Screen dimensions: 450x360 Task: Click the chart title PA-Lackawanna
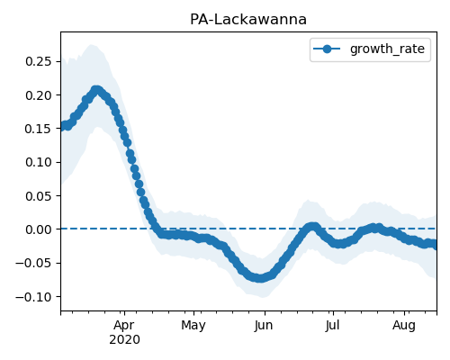[x=248, y=20]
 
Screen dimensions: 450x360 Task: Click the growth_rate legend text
[x=387, y=49]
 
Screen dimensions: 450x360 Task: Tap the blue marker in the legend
[x=327, y=49]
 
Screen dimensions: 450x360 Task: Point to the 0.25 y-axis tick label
[x=39, y=61]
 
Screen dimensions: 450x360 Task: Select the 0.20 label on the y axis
[x=39, y=95]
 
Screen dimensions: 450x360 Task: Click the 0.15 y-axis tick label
[x=39, y=129]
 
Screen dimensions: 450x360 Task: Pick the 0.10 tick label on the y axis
[x=39, y=162]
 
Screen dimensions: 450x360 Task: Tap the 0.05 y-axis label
[x=39, y=196]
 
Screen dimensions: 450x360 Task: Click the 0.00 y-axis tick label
[x=39, y=229]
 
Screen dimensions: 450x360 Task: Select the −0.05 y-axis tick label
[x=34, y=263]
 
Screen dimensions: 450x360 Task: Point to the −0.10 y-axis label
[x=34, y=297]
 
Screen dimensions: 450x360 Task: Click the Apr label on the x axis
[x=124, y=326]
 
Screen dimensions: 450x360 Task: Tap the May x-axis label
[x=193, y=326]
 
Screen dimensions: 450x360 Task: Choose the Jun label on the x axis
[x=265, y=326]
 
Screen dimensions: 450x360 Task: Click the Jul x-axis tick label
[x=333, y=326]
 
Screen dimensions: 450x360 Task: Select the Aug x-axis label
[x=404, y=326]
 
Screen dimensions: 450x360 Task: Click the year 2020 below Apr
[x=124, y=340]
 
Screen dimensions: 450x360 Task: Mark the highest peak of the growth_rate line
[x=96, y=90]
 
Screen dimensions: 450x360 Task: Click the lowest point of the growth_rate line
[x=260, y=278]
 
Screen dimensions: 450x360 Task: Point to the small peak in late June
[x=313, y=226]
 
